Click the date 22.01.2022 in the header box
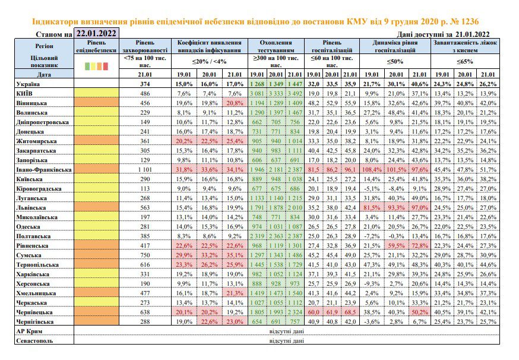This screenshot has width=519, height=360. point(96,33)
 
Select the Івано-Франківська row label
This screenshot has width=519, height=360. point(44,169)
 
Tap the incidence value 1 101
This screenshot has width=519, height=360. point(145,169)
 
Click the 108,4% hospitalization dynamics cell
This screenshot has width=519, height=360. point(371,169)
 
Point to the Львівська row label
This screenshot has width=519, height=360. point(31,208)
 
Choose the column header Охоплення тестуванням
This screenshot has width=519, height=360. point(276,46)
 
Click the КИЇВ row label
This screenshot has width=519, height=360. point(24,93)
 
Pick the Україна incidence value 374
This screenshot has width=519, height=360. point(145,84)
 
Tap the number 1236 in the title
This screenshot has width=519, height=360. point(469,22)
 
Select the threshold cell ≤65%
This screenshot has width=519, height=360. point(465,61)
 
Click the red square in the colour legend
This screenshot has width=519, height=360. point(106,66)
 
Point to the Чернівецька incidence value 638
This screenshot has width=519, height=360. point(145,312)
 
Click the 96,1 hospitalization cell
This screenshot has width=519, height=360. point(350,169)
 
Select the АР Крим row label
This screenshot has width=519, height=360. point(29,331)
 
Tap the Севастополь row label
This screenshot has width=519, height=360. point(34,341)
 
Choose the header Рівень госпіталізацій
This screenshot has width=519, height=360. point(332,46)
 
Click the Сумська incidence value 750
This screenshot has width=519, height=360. point(145,255)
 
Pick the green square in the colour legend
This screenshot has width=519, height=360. point(87,66)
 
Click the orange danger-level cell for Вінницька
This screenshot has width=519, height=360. point(96,103)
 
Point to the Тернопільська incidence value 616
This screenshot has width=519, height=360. point(145,265)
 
